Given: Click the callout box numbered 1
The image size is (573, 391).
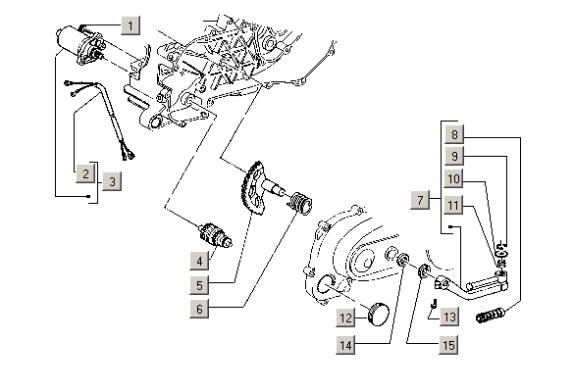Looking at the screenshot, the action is pos(130,25).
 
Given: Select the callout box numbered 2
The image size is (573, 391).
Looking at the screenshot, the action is pos(85,173).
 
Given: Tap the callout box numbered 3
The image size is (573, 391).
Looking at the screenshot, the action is pos(112,181).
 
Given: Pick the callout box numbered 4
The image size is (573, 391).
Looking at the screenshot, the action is pos(199,261).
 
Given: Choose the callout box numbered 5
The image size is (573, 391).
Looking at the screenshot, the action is pos(199,285).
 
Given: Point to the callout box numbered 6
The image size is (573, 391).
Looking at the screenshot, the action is pos(199,309).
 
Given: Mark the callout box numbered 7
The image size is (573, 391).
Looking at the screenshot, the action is pos(420,200).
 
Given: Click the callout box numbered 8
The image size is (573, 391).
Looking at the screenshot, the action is pos(454,134).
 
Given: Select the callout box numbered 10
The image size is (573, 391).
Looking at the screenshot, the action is pos(453,179).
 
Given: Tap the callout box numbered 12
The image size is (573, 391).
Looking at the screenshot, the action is pos(345,318).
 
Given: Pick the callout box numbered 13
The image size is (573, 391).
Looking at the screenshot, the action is pos(449,317).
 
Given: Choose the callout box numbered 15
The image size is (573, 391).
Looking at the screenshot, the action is pos(448,345).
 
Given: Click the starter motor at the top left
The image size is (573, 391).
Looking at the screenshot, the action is pos(80,44).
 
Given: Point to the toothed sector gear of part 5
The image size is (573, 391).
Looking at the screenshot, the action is pos(252,188).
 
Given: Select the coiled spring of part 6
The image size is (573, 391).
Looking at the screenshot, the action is pos(302,202).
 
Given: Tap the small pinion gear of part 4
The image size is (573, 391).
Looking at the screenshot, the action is pos(216,236).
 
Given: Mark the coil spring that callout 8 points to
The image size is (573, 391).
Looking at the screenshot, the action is pos(492,316).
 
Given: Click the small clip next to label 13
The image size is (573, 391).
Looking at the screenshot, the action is pos(434,303).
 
